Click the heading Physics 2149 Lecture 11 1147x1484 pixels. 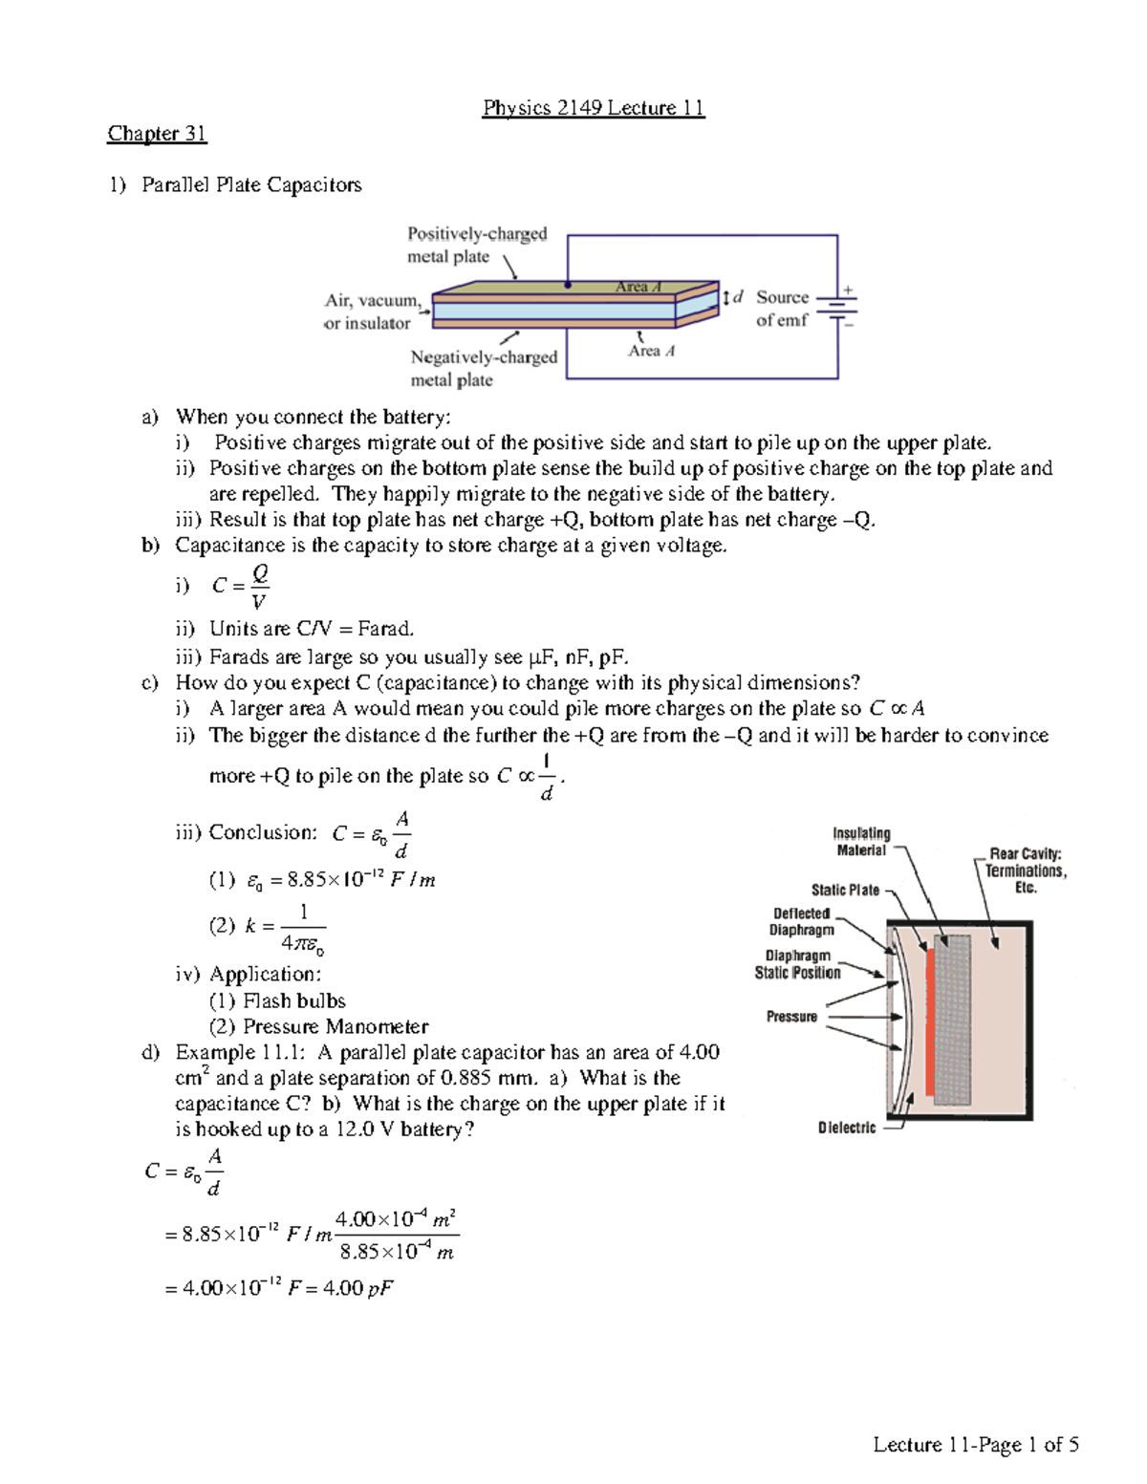(593, 108)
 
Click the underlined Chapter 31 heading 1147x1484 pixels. (157, 134)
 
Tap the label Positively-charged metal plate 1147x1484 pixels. (476, 246)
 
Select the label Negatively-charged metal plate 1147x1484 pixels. (483, 368)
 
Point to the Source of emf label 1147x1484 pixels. (782, 309)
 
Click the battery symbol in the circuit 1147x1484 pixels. (837, 307)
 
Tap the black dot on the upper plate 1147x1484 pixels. (568, 285)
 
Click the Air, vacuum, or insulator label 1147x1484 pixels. (372, 312)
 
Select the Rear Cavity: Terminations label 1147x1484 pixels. (1025, 871)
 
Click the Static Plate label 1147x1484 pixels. (845, 890)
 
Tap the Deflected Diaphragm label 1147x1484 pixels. (802, 921)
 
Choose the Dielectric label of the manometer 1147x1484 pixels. (846, 1128)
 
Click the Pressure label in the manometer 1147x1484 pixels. (791, 1017)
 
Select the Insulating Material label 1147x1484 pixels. (861, 842)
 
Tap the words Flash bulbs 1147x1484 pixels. (293, 1000)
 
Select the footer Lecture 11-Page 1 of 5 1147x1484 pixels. (975, 1444)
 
